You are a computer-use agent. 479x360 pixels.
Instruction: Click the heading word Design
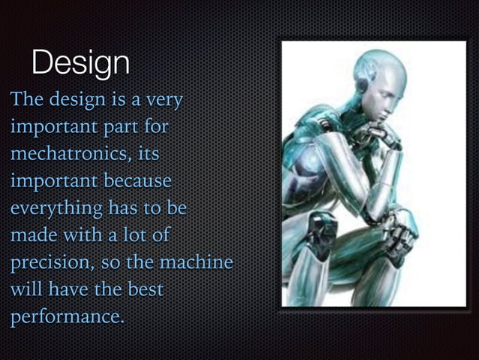pos(80,63)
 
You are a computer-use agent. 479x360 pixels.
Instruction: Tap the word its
pos(147,154)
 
